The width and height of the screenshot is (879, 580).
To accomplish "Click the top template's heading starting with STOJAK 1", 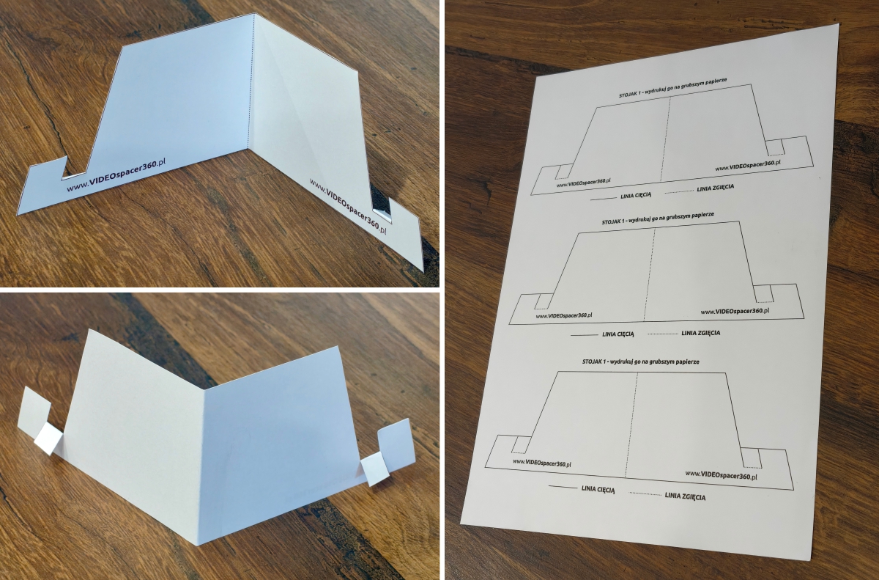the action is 673,87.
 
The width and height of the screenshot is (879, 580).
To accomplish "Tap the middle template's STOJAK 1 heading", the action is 658,218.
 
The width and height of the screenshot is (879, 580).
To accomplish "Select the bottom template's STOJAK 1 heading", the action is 641,361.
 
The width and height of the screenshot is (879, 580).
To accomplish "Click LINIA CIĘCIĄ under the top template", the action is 636,195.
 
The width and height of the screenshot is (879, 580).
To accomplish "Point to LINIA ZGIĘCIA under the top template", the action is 716,188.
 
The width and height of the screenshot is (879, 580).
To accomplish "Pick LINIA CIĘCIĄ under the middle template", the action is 618,334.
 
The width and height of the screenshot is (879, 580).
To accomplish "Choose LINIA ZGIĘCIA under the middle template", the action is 701,333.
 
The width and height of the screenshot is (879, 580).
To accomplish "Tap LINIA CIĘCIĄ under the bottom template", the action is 598,489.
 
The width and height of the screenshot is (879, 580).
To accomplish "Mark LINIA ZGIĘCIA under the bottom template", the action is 685,496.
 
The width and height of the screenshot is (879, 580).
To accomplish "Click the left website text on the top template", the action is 584,183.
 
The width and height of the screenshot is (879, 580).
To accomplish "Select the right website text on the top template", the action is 748,165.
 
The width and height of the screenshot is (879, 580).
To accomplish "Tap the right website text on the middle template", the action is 735,311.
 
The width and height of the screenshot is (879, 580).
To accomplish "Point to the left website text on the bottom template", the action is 542,463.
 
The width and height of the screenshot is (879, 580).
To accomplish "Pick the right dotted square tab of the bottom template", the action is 752,458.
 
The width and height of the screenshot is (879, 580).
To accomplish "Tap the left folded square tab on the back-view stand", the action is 48,438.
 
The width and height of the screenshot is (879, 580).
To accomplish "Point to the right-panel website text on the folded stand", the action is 349,206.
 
